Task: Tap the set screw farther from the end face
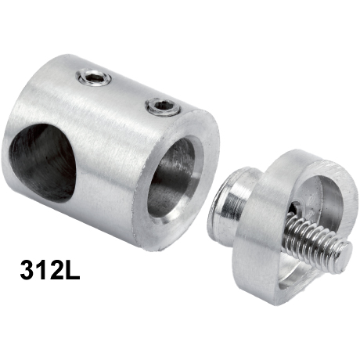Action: [94, 77]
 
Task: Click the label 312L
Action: [50, 269]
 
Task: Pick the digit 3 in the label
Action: [27, 269]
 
